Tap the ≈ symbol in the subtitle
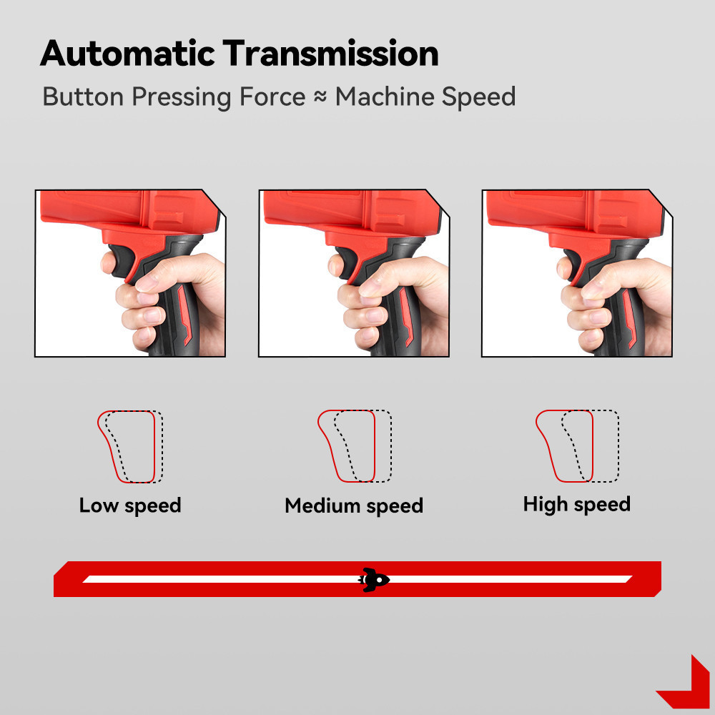(x=320, y=97)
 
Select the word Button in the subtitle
(x=84, y=97)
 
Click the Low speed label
(x=130, y=506)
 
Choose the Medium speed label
(x=354, y=506)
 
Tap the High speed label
(x=576, y=504)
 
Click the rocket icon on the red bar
(x=374, y=578)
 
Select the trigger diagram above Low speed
(x=130, y=446)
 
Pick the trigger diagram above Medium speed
(x=355, y=446)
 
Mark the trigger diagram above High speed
(x=577, y=446)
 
